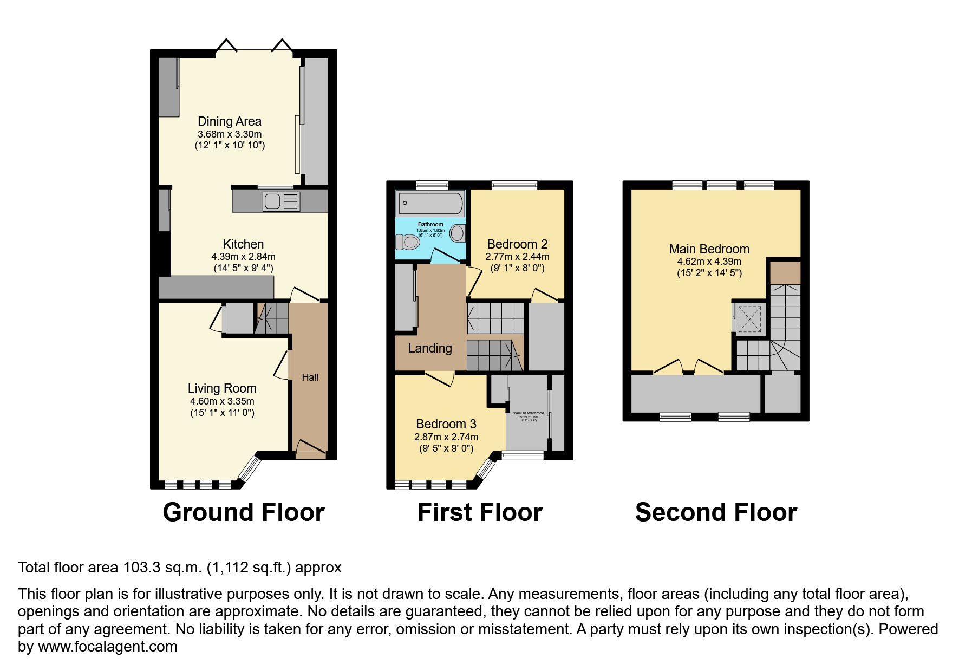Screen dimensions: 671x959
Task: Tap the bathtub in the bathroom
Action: click(x=431, y=204)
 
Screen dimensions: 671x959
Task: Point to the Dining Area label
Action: click(x=230, y=121)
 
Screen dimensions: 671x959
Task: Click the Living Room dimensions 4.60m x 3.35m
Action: click(x=222, y=401)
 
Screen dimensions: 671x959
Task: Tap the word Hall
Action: click(x=310, y=377)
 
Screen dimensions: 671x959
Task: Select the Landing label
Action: click(x=430, y=348)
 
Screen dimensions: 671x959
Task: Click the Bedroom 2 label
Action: click(x=517, y=244)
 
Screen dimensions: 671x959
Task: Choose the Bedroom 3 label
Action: click(x=446, y=424)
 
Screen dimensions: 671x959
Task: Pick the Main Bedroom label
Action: click(x=709, y=249)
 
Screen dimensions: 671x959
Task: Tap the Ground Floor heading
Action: click(x=244, y=512)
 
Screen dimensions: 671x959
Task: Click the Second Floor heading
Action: click(x=716, y=512)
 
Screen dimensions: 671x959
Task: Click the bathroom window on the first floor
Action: click(x=432, y=185)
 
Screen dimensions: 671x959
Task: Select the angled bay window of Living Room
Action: click(x=250, y=468)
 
